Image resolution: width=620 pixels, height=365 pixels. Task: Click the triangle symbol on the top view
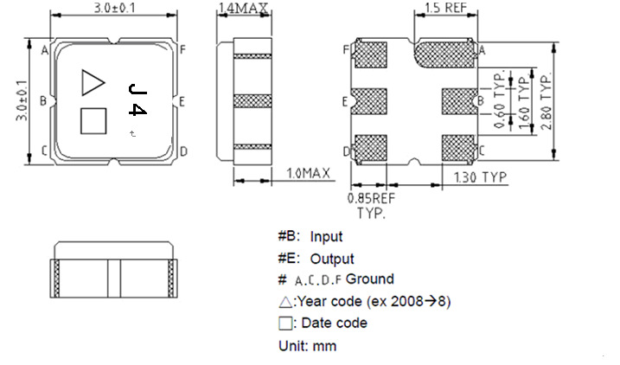91,82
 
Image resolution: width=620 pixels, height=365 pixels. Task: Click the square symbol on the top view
93,120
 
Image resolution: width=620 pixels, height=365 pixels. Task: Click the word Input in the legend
327,236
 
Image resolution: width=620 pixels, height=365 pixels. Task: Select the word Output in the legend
332,259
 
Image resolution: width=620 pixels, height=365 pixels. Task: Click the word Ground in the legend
369,279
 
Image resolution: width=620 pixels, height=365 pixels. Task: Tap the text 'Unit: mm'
307,346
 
